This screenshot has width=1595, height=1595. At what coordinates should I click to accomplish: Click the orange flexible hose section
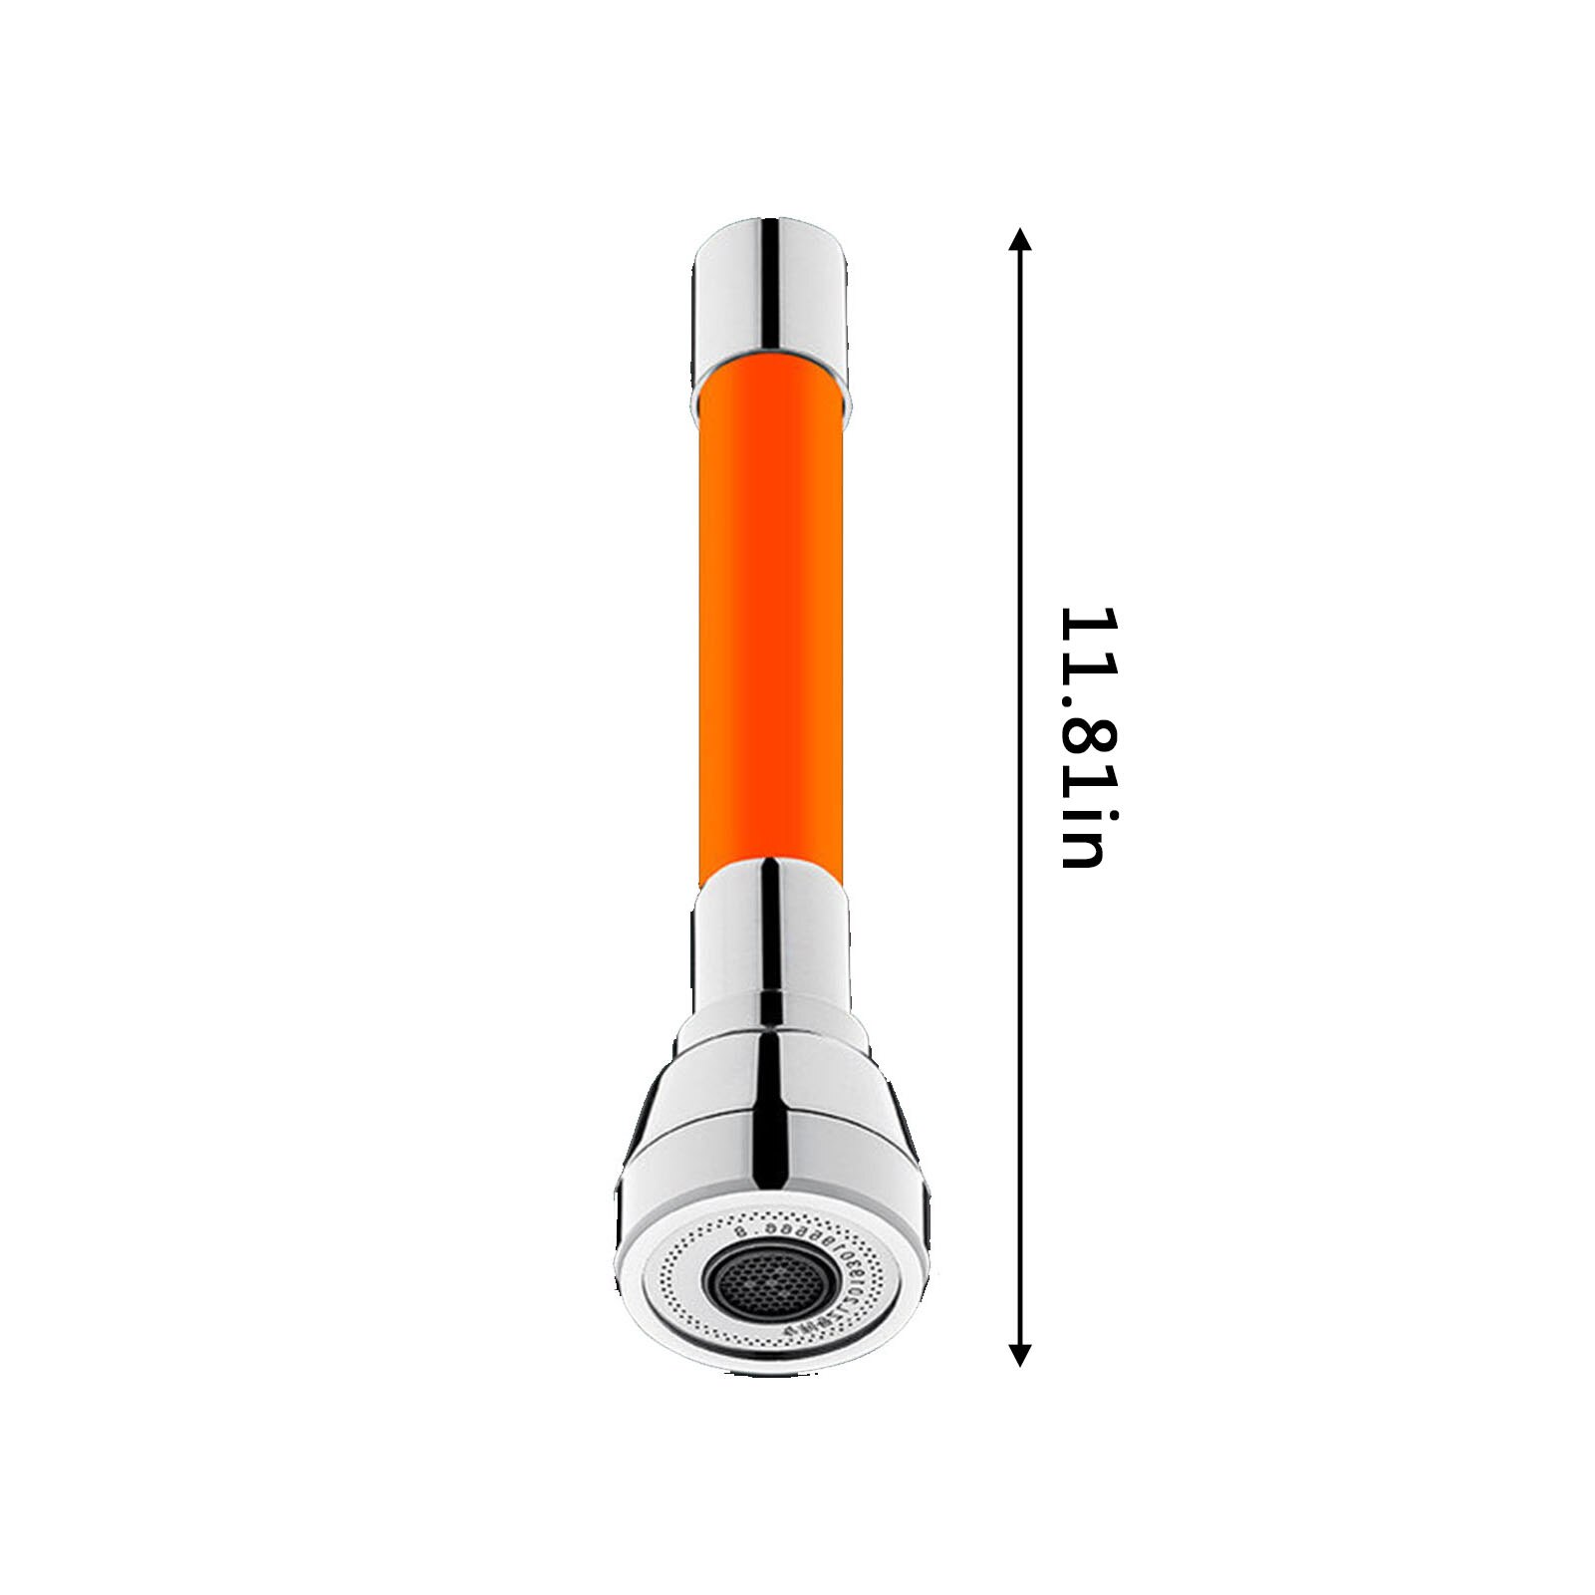(x=771, y=618)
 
